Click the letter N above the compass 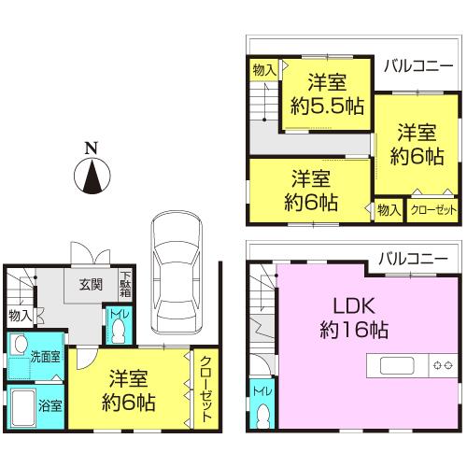[90, 148]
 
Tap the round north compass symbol [90, 177]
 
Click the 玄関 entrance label [90, 286]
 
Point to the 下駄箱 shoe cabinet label [125, 284]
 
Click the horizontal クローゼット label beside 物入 [433, 211]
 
